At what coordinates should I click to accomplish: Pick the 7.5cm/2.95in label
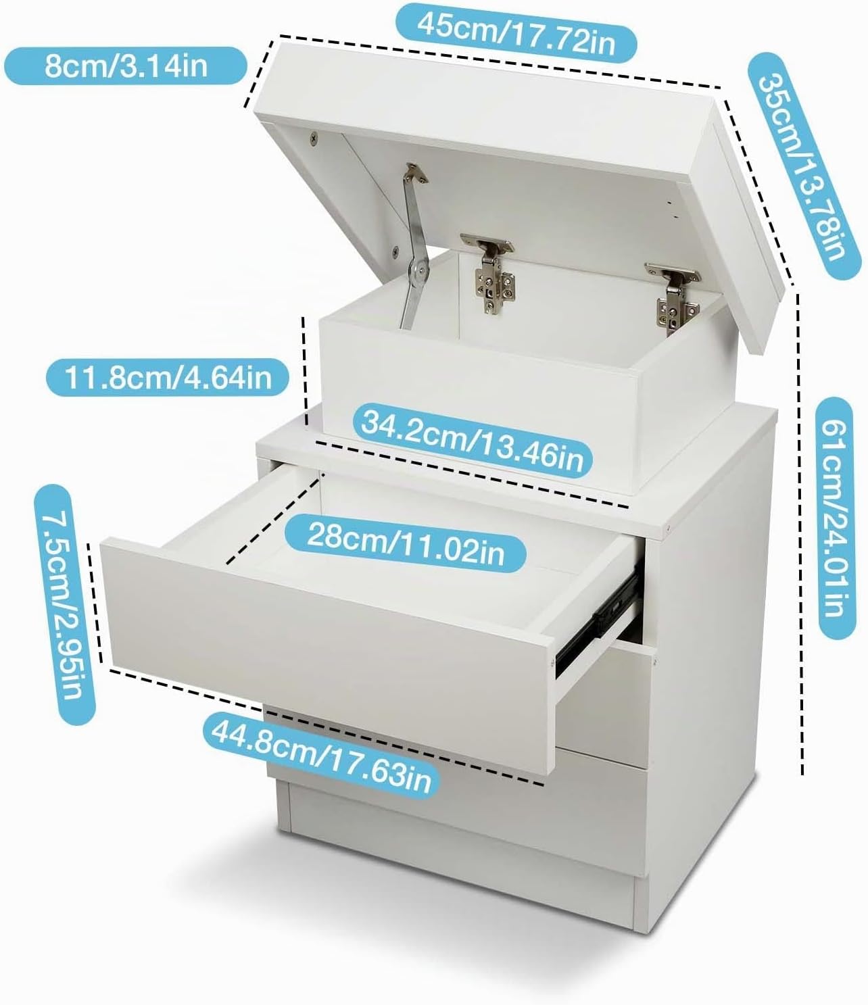64,605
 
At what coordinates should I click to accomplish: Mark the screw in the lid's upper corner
314,139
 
